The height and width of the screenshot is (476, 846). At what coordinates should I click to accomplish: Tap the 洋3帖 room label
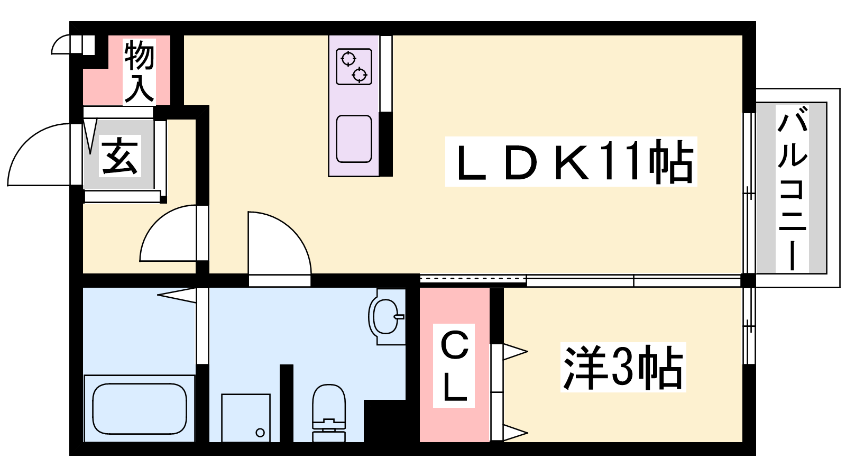coord(623,367)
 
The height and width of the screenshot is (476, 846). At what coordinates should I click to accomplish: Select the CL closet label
coord(454,365)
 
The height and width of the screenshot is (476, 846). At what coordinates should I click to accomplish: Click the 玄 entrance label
coord(119,155)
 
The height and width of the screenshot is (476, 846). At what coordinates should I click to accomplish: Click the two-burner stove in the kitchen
coord(354,67)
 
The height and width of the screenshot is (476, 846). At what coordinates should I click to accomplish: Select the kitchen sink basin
coord(354,139)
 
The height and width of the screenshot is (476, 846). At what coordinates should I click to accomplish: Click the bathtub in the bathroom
coord(140,409)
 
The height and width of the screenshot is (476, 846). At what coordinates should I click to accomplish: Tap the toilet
coord(328,413)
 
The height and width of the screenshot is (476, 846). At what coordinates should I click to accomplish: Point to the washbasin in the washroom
coord(387,317)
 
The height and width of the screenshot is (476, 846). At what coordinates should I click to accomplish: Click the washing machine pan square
coord(246,418)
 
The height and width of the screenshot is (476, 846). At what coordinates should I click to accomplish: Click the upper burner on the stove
coord(348,59)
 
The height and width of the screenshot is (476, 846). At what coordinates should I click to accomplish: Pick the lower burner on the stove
coord(359,75)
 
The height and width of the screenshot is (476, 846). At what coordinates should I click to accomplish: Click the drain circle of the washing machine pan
coord(260,433)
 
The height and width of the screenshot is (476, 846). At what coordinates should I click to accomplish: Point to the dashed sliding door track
coord(473,279)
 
